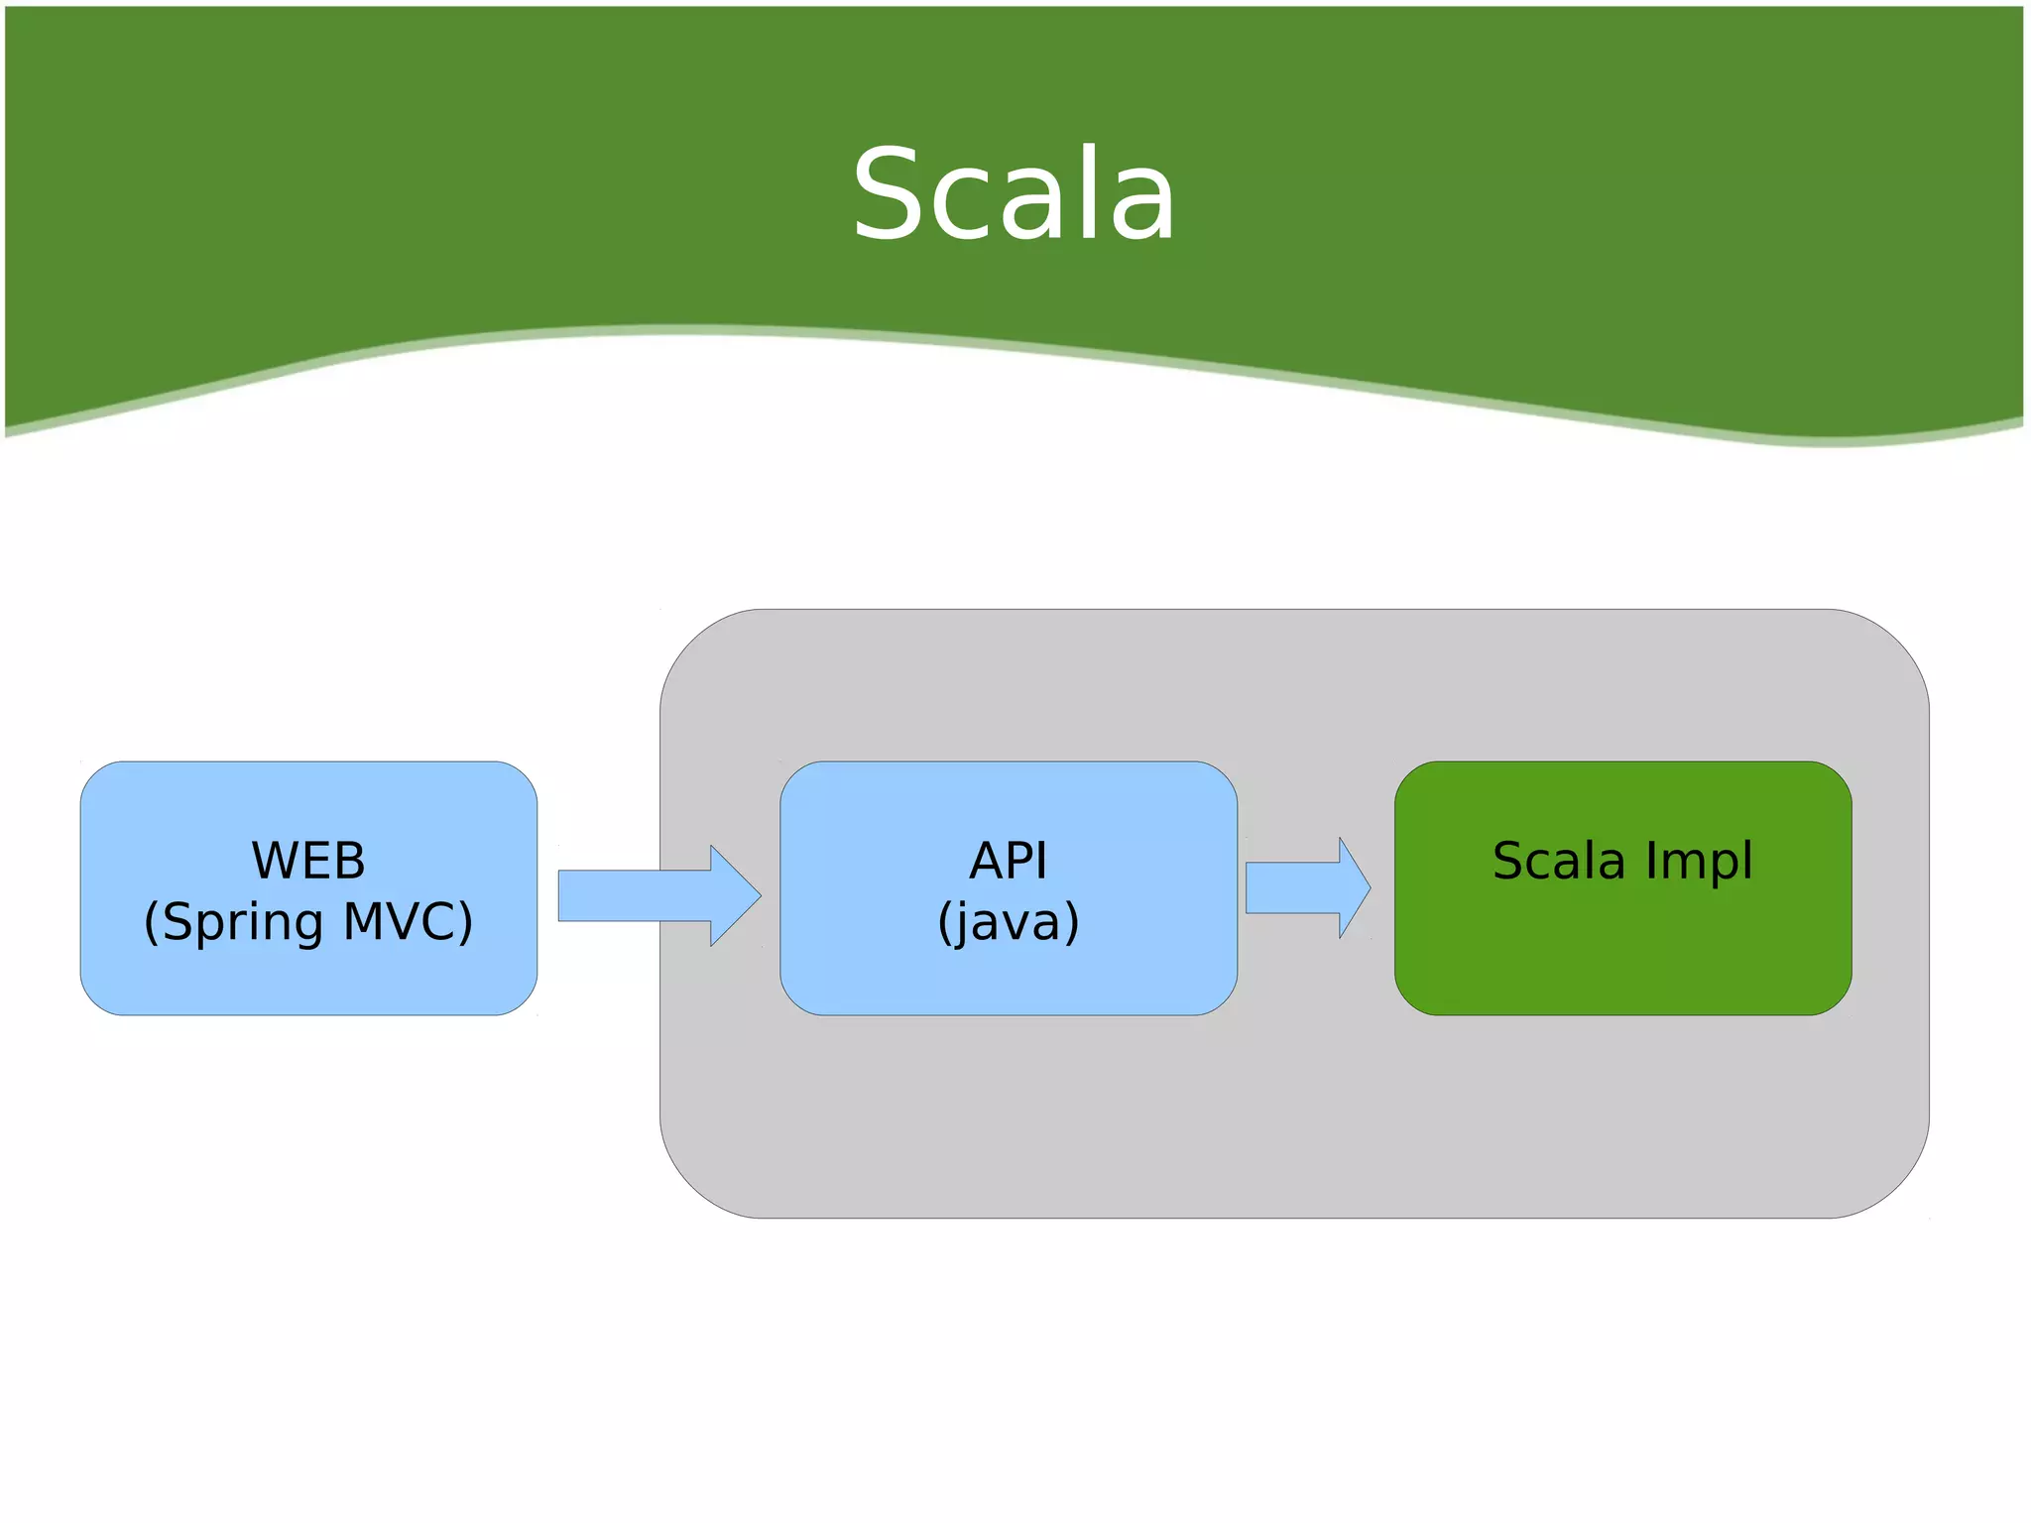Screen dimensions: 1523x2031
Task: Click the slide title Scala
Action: tap(1014, 194)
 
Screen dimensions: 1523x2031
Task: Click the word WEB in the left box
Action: tap(308, 861)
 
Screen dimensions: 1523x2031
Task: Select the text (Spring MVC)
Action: tap(308, 922)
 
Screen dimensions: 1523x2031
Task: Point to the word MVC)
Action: tap(408, 922)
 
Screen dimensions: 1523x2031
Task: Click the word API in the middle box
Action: tap(1008, 861)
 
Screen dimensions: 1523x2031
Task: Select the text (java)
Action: tap(1008, 922)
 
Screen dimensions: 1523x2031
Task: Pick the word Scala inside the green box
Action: tap(1558, 861)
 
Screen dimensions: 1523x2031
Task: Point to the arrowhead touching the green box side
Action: tap(1355, 887)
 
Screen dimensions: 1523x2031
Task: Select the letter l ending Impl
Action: tap(1747, 859)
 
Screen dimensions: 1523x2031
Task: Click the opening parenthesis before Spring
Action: tap(151, 922)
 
